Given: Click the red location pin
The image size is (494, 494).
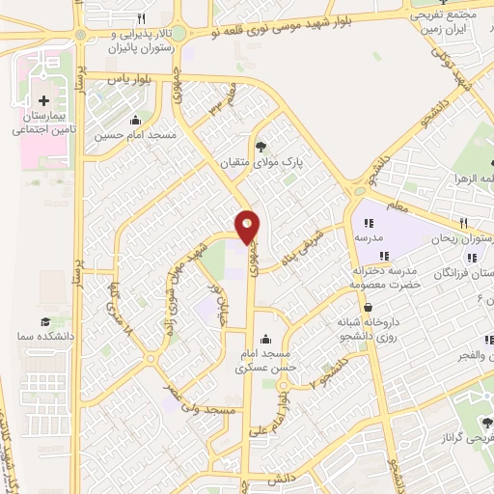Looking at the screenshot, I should (248, 225).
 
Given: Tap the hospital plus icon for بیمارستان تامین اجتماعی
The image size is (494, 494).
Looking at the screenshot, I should (43, 100).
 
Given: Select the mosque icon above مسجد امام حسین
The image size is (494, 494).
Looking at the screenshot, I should (134, 121).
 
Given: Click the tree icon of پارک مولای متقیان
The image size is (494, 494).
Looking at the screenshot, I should (261, 146).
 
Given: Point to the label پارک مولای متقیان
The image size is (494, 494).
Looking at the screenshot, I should (263, 163).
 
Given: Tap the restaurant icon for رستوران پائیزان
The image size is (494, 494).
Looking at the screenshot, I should (141, 18).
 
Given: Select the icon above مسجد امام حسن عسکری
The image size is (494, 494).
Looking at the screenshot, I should (265, 340).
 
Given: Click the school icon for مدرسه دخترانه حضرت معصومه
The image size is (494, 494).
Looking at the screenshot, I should (385, 256).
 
